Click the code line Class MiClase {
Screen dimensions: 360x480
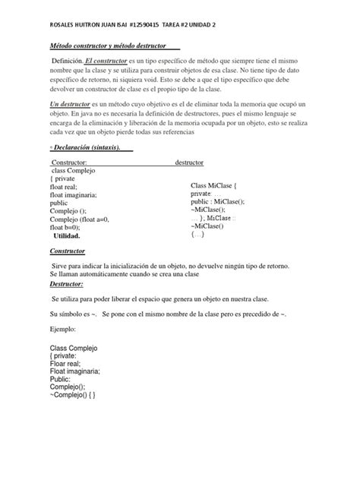coord(214,185)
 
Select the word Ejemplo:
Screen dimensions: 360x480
coord(62,330)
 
